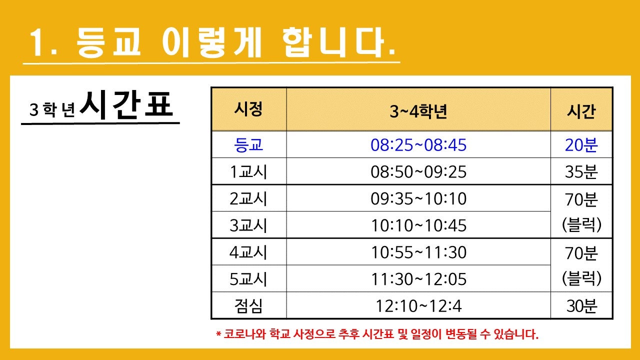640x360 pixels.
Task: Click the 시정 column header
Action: (248, 109)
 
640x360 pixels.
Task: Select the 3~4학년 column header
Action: (418, 111)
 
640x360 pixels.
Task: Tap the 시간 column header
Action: (581, 111)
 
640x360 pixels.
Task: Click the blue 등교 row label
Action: (248, 145)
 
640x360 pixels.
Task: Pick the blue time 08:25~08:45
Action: (418, 145)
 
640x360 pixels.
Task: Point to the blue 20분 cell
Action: (581, 145)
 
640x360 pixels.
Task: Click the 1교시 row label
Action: (248, 171)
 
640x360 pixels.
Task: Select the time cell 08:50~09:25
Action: (418, 171)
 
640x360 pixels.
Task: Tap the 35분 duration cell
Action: (581, 171)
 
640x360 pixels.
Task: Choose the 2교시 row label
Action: (248, 198)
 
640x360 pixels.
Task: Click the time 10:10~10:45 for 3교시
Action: (418, 225)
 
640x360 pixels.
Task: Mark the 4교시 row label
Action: (248, 252)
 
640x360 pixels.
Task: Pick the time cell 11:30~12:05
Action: (418, 279)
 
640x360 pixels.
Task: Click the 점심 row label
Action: (248, 306)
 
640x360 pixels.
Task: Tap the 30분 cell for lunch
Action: (581, 306)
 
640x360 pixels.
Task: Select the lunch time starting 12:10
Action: (418, 306)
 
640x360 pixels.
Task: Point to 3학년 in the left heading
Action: (51, 109)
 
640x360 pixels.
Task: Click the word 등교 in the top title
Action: (108, 42)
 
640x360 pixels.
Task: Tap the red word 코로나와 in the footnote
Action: (245, 333)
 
